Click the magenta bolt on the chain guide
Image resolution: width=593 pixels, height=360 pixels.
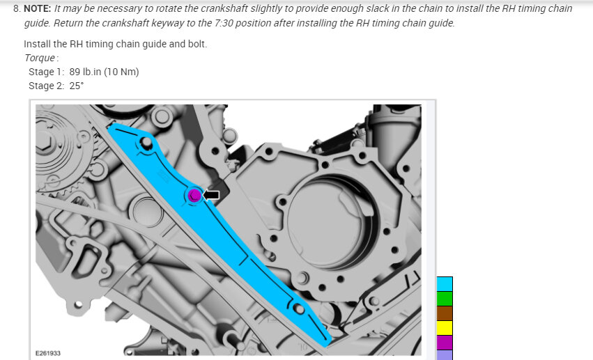[194, 195]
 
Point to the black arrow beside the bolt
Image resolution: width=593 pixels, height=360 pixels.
[211, 195]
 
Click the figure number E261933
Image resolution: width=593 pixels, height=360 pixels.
[48, 353]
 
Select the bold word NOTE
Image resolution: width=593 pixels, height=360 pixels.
[37, 8]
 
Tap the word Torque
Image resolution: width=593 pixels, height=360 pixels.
[40, 58]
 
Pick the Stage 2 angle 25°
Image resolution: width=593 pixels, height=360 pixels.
[77, 86]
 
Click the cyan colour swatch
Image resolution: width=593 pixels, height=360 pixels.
[445, 284]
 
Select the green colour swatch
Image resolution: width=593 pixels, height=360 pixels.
[445, 299]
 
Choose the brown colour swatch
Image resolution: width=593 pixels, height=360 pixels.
[445, 313]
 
